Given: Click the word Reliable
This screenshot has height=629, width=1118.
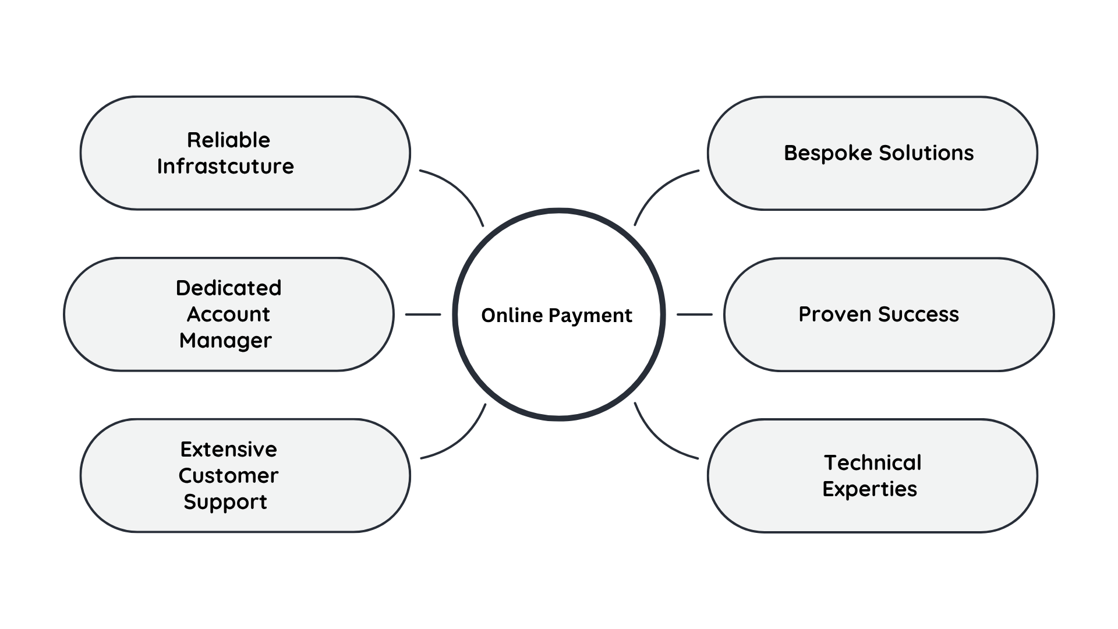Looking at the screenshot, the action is click(228, 140).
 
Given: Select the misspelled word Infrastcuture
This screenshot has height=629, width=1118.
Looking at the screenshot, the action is click(225, 166).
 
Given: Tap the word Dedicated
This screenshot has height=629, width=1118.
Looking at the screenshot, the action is click(228, 288).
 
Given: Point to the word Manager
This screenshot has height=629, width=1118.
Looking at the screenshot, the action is click(225, 340).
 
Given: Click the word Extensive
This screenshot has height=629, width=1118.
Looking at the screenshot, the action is click(228, 449).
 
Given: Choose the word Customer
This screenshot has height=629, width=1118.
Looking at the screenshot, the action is click(228, 475).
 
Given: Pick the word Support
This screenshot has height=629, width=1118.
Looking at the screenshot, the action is click(225, 501).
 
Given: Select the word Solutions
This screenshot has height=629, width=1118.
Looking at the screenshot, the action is click(926, 153).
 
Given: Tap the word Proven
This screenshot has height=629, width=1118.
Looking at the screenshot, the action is click(835, 314).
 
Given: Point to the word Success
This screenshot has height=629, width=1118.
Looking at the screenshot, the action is click(919, 314).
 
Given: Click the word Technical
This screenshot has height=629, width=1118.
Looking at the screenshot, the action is click(873, 462).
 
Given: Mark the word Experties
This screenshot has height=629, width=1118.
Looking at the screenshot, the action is click(870, 489).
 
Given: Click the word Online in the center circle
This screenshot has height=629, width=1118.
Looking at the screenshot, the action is click(512, 315).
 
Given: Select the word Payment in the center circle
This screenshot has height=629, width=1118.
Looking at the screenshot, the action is click(590, 316).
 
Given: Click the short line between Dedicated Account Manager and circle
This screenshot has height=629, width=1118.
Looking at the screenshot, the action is click(423, 314).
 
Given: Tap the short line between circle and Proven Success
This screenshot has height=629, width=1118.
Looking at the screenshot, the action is click(695, 314).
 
